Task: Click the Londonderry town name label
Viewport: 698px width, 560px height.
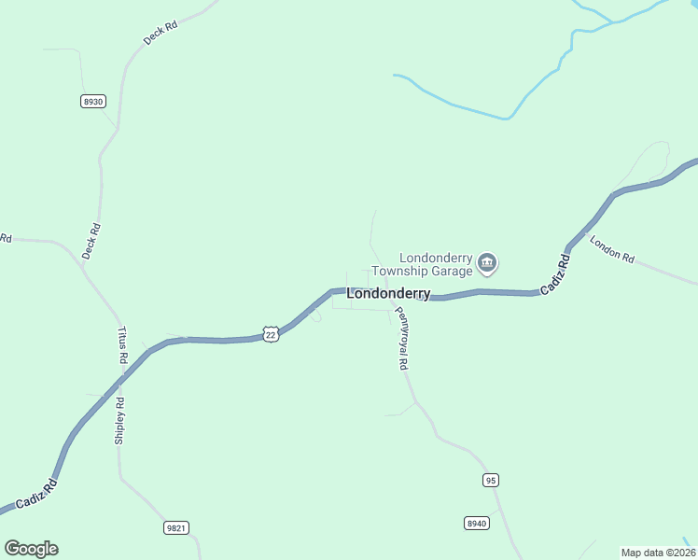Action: point(388,293)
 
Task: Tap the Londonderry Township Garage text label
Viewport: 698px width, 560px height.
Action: point(432,264)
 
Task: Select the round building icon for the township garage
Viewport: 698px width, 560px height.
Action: point(486,264)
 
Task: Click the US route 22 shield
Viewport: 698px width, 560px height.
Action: point(271,334)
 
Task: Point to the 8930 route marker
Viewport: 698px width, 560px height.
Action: point(92,101)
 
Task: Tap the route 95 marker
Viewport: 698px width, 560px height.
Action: point(492,480)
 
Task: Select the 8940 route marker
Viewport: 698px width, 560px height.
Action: point(476,524)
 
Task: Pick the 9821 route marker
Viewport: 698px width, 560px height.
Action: point(176,527)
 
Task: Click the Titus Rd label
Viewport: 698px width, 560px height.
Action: point(122,345)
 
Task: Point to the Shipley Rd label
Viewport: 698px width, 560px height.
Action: point(119,421)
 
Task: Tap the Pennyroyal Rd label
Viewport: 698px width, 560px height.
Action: point(401,339)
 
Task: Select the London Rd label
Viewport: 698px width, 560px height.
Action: point(612,248)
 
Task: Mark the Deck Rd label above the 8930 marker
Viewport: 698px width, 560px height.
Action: point(161,34)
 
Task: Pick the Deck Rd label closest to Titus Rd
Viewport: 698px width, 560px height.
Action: point(91,241)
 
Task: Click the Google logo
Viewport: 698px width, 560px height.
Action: point(31,549)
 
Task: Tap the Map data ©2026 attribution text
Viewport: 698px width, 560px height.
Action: point(657,552)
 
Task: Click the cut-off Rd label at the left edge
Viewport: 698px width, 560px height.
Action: point(5,238)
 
